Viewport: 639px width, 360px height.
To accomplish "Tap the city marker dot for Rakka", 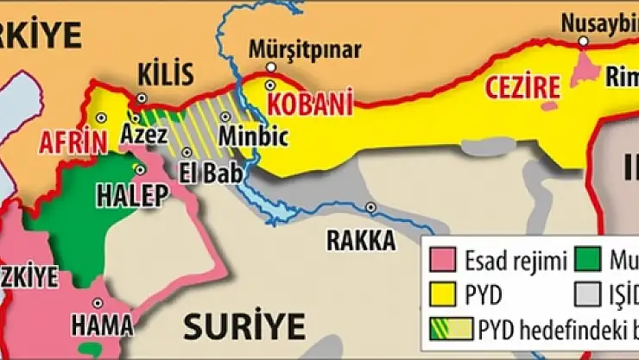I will point(370,207).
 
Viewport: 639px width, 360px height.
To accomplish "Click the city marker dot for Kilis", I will point(144,98).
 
